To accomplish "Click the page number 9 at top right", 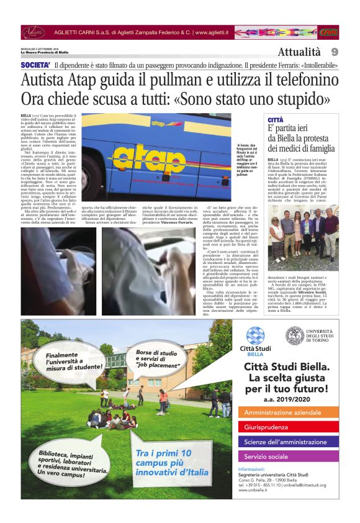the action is click(x=334, y=52).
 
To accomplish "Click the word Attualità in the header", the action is click(x=299, y=52).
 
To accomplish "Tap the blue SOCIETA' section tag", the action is click(x=35, y=65).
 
